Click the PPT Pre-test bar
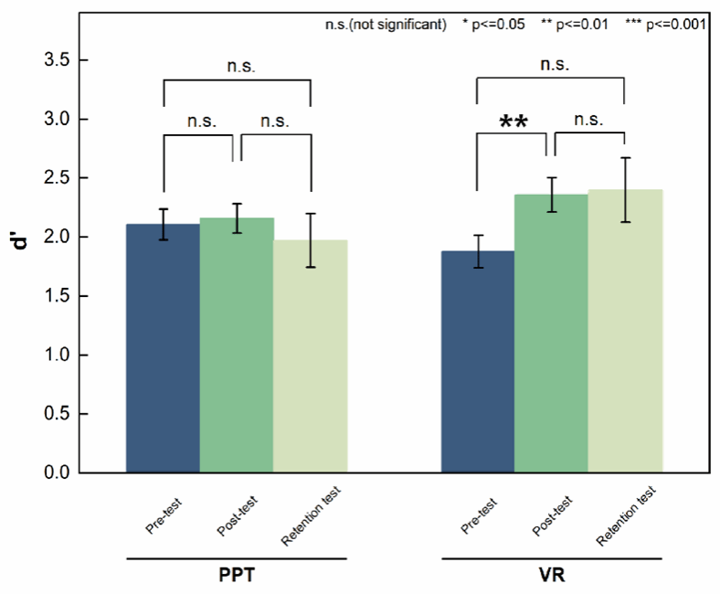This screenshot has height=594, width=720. click(163, 348)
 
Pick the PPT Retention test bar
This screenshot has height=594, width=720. click(311, 356)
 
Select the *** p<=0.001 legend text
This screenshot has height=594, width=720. click(665, 25)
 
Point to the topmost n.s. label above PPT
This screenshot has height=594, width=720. click(237, 66)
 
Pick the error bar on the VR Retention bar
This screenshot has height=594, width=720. click(625, 190)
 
